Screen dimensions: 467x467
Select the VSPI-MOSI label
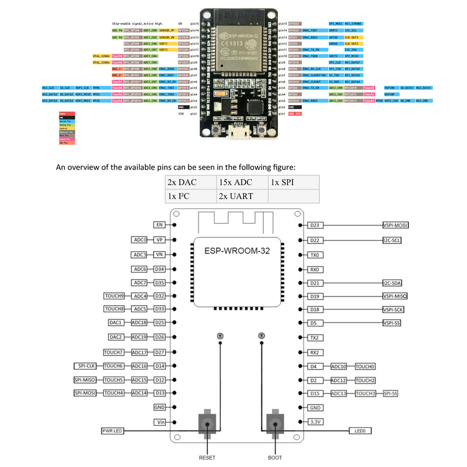[395, 225]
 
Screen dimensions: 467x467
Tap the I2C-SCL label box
[392, 240]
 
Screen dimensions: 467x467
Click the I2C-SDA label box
[392, 283]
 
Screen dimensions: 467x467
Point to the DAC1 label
[116, 322]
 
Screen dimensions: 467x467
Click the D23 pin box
[315, 225]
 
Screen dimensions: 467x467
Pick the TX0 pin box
[315, 255]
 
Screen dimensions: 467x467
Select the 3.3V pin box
[315, 421]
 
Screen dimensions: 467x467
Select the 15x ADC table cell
[241, 182]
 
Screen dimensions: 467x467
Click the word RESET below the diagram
[207, 458]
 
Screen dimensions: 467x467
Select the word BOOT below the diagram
[276, 458]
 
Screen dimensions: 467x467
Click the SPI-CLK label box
[86, 366]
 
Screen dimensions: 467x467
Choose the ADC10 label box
[339, 366]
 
